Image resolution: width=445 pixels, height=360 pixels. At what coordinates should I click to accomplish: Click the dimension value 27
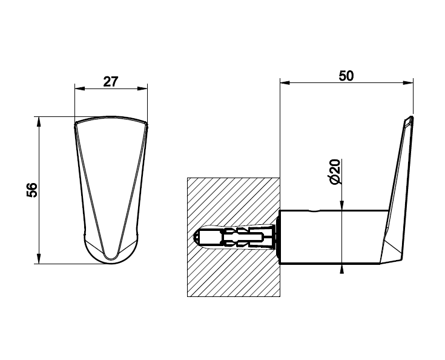[110, 82]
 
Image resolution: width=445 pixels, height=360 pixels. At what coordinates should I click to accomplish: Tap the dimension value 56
[32, 190]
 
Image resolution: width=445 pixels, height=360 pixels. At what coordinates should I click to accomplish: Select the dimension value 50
[346, 76]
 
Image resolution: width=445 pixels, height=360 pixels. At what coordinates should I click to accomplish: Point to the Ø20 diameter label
[335, 172]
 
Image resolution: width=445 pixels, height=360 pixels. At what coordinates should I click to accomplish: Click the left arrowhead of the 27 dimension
[79, 88]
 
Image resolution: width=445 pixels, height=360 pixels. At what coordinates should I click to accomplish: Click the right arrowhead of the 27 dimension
[143, 88]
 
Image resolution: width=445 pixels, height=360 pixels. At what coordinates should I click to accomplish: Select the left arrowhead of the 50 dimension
[285, 82]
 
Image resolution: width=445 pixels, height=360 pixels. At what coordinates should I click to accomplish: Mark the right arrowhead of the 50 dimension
[409, 82]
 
